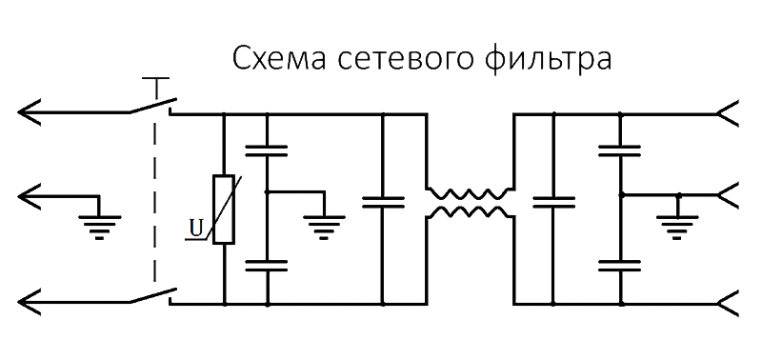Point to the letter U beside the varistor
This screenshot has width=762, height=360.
pyautogui.click(x=195, y=228)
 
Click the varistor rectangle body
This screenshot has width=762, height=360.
pyautogui.click(x=224, y=210)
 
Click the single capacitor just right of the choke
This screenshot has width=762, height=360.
pyautogui.click(x=552, y=202)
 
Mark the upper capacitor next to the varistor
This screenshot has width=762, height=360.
pyautogui.click(x=267, y=149)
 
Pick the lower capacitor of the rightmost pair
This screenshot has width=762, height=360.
pyautogui.click(x=620, y=264)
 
